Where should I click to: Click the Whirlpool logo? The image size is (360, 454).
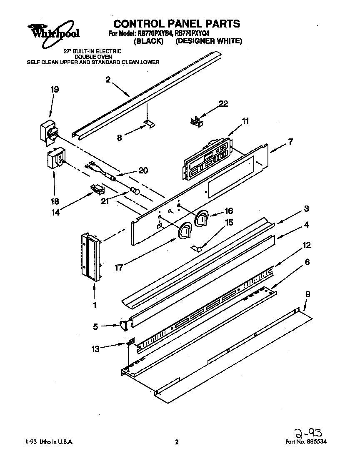[54, 31]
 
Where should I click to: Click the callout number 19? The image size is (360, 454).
[54, 89]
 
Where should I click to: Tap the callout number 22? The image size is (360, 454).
[223, 104]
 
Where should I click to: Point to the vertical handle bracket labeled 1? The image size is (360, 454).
[92, 256]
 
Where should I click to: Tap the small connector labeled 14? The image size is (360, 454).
[97, 190]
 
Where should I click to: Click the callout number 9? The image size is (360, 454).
[307, 294]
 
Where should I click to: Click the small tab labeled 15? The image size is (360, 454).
[197, 248]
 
